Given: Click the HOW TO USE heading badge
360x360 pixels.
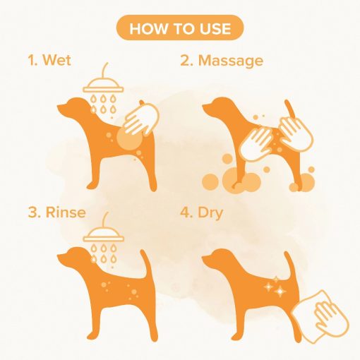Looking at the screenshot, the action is coord(180,28).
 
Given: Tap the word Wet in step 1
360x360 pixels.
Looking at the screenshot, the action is coord(56,60).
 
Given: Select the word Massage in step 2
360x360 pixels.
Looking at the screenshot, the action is coord(231,61).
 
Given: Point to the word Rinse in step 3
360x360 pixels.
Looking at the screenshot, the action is coord(66,212).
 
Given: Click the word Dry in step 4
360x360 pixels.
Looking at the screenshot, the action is coord(210,213).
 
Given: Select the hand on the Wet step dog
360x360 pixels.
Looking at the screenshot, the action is coord(140,119).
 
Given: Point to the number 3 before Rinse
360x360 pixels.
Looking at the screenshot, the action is coord(33,212).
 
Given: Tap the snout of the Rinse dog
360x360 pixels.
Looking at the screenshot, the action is coord(62,257).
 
